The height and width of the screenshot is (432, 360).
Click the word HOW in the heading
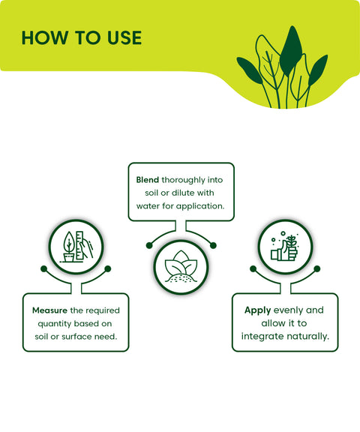45,37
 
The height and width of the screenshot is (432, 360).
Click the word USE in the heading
124,37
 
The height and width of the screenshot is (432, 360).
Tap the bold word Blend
147,180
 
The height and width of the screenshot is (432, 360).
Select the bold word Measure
49,310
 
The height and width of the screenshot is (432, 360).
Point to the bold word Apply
257,310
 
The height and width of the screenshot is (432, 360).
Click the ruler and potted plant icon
76,247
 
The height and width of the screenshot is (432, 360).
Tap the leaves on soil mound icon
181,267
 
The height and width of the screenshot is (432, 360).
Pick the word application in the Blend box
200,206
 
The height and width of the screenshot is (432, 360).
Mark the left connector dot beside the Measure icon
43,268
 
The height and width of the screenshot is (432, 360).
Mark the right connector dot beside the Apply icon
317,268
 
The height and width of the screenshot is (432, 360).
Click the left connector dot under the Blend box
149,245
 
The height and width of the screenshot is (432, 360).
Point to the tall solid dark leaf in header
291,51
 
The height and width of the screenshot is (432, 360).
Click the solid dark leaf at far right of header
317,70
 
